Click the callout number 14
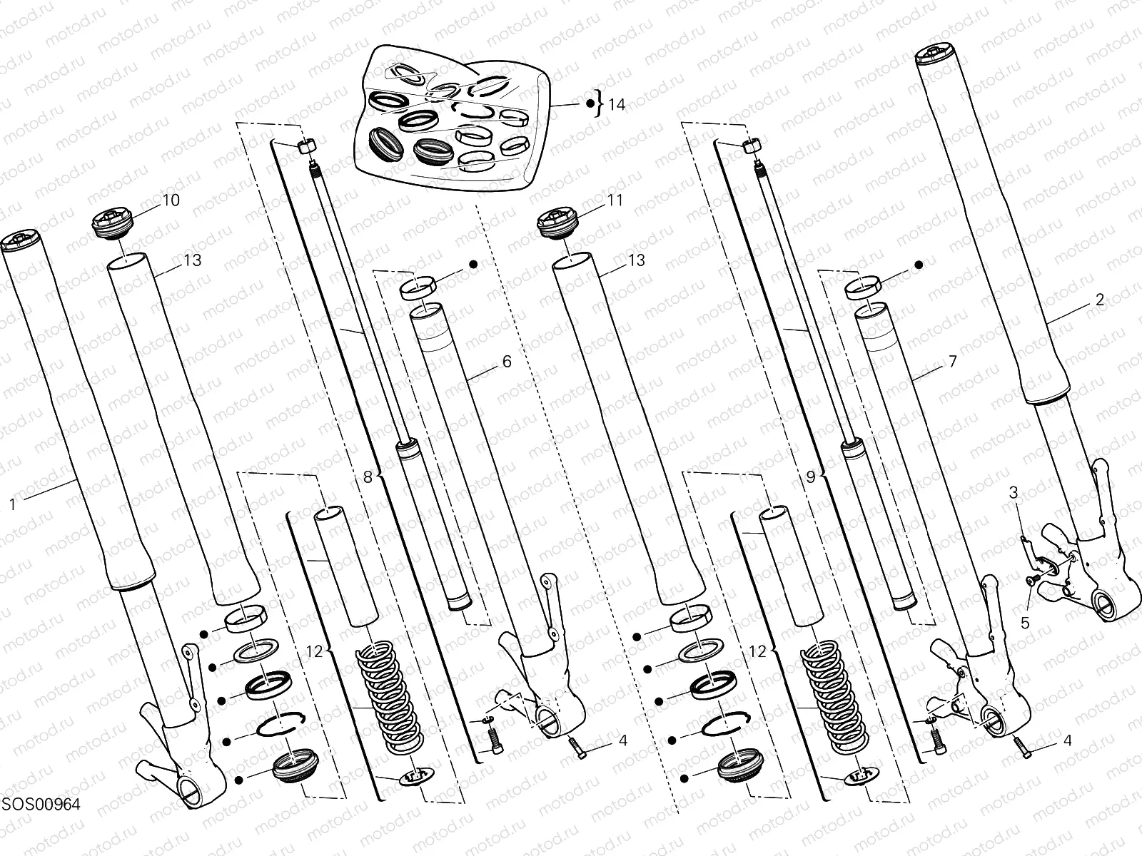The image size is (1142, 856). (617, 105)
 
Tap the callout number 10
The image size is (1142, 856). (171, 200)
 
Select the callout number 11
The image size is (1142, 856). (615, 200)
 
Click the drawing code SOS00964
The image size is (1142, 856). (40, 804)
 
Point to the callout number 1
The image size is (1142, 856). (12, 504)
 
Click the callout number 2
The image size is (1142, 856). (1099, 300)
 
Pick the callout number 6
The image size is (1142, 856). (507, 362)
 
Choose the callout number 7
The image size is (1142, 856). (952, 362)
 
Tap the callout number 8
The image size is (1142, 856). (368, 478)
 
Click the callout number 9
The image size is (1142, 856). (811, 478)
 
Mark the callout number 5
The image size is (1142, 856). (1025, 623)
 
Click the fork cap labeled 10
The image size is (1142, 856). (113, 226)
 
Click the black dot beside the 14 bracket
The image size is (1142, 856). (590, 105)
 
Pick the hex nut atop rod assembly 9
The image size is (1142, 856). (751, 146)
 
